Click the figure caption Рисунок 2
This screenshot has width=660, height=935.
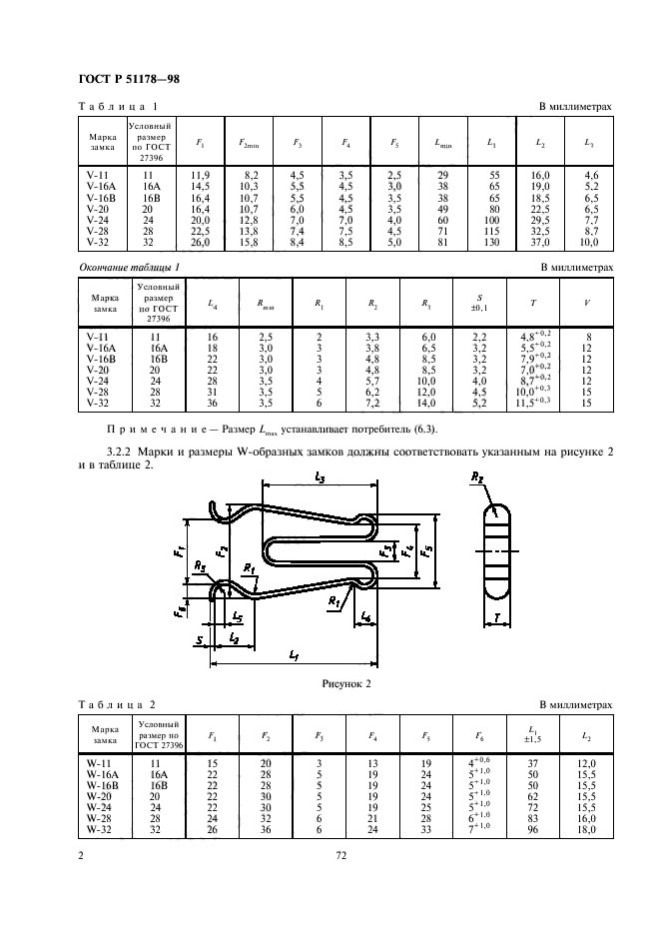(345, 684)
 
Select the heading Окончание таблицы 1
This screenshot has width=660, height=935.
(129, 269)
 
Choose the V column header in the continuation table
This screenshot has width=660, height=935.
(587, 304)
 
